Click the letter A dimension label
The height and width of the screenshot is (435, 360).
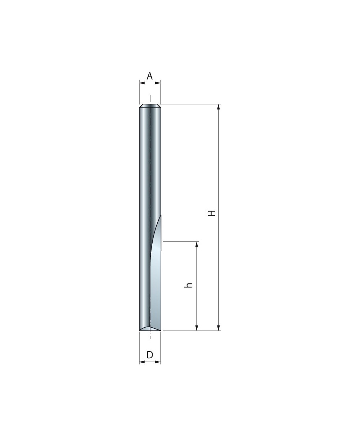[150, 76]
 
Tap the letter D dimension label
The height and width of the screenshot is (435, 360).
[150, 355]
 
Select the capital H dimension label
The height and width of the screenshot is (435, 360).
[212, 213]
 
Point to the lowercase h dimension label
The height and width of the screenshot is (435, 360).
[188, 285]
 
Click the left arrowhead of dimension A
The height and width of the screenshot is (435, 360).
[142, 83]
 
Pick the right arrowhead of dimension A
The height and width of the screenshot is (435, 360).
[158, 83]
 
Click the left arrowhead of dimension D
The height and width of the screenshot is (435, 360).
[142, 362]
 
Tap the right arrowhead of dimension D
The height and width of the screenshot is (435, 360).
[158, 362]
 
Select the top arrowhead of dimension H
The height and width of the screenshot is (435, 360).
[219, 107]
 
